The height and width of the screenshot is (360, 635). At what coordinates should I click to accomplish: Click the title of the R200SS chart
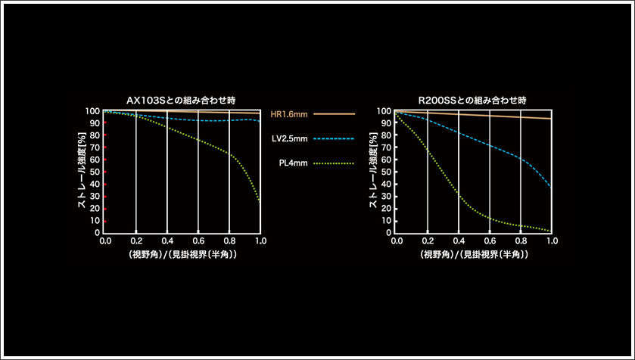click(472, 99)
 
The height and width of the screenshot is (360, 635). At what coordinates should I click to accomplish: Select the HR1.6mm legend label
click(288, 114)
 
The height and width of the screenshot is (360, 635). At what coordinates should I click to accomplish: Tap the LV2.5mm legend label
click(288, 138)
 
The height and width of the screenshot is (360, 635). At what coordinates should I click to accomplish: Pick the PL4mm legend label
click(291, 163)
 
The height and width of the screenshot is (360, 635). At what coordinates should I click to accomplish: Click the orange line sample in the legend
click(333, 114)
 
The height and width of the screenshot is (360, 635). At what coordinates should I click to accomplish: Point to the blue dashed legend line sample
click(333, 138)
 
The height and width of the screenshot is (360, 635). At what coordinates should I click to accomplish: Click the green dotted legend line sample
click(333, 163)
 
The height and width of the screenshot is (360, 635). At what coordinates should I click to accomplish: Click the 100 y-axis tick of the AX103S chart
click(92, 111)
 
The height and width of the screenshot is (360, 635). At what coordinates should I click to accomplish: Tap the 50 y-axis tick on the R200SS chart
click(386, 172)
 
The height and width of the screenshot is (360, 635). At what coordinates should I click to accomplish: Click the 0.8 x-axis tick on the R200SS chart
click(521, 241)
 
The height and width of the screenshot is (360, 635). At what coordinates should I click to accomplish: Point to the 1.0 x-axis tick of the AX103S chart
click(260, 241)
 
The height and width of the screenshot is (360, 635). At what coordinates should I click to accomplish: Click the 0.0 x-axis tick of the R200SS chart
click(397, 241)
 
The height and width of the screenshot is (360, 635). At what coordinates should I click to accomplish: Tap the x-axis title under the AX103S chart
click(182, 255)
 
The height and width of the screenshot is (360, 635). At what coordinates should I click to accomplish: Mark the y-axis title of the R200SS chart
click(372, 171)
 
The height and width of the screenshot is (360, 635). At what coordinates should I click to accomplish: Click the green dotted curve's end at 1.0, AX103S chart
click(260, 201)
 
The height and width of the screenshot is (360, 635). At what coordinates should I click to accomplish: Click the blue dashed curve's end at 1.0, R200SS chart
click(551, 186)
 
